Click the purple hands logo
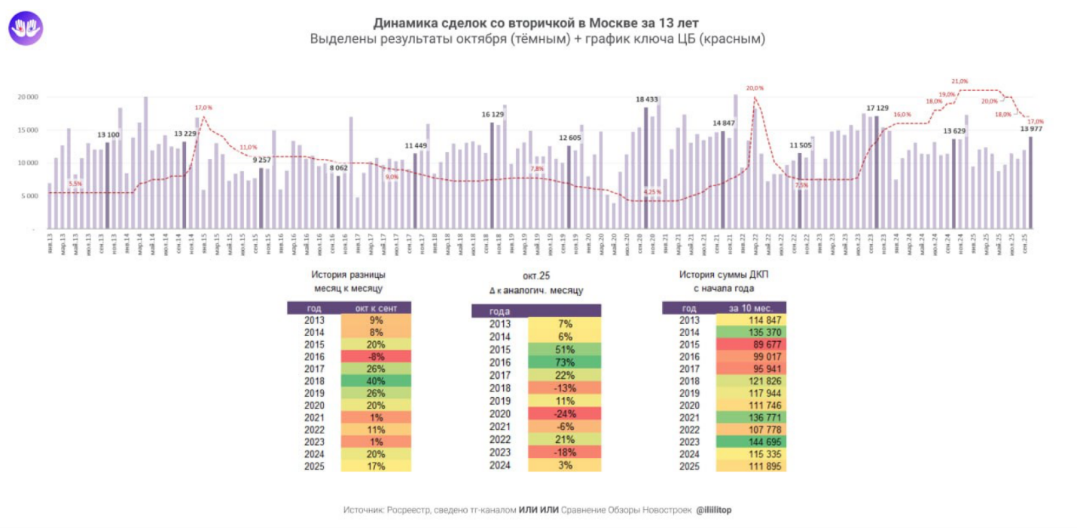coord(26,28)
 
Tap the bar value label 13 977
coord(1032,128)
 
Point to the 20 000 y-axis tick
coord(27,97)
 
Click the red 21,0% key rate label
coord(960,81)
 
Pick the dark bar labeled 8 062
coord(338,202)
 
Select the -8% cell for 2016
coord(377,356)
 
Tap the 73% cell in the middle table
coord(564,362)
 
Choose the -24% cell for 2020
coord(564,414)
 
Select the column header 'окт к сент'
coord(377,308)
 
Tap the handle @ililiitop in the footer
coord(714,510)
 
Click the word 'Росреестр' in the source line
coord(407,510)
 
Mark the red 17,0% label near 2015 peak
coord(204,108)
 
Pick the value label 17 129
coord(877,108)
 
